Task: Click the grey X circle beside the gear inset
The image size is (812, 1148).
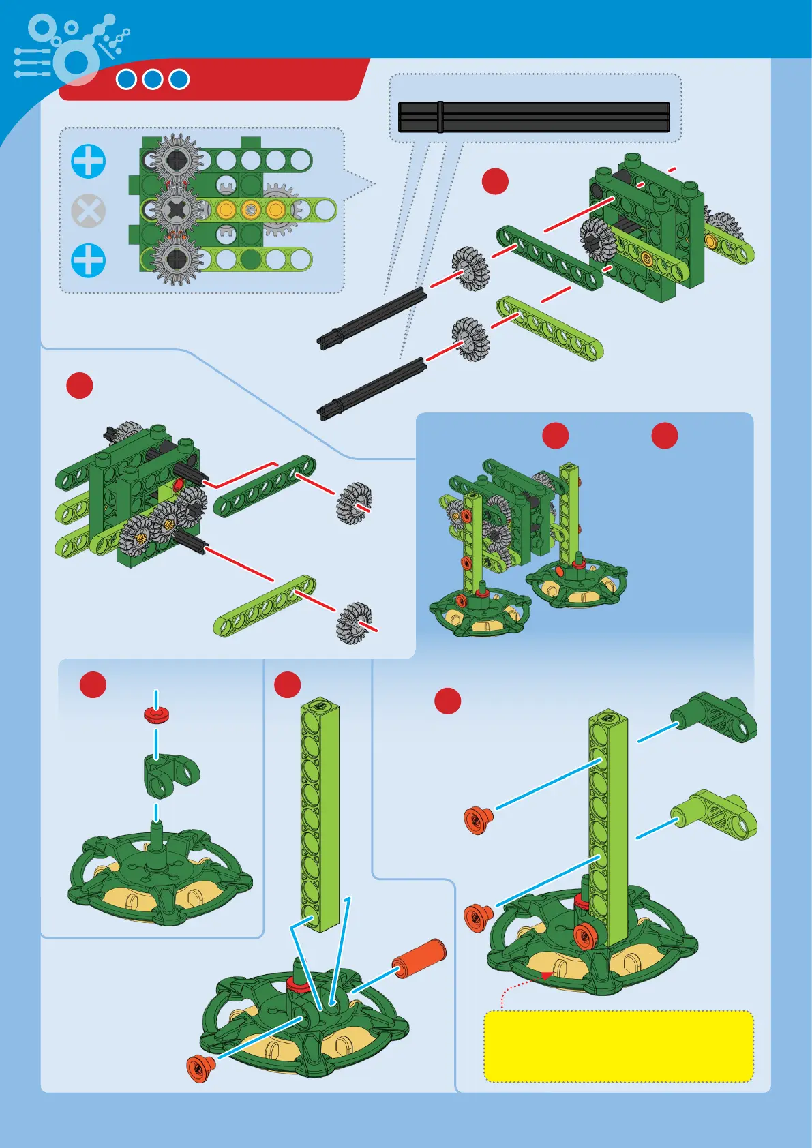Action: click(89, 211)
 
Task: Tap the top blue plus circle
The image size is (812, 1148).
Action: click(89, 162)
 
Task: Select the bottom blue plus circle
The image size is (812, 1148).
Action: click(89, 260)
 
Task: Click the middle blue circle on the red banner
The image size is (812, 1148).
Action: click(153, 79)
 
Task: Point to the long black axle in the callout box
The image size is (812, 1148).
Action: click(533, 117)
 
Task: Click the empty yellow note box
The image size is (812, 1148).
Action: click(618, 1046)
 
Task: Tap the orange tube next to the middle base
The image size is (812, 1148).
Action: click(419, 957)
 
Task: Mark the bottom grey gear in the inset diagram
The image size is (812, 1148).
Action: click(176, 258)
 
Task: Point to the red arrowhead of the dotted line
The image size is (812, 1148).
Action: click(546, 976)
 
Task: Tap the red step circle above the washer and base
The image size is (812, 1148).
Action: click(93, 684)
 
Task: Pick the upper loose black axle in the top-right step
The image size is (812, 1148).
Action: click(372, 318)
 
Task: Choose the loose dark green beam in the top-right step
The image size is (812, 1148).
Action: click(550, 258)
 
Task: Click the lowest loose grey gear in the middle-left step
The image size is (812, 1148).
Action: click(354, 622)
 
